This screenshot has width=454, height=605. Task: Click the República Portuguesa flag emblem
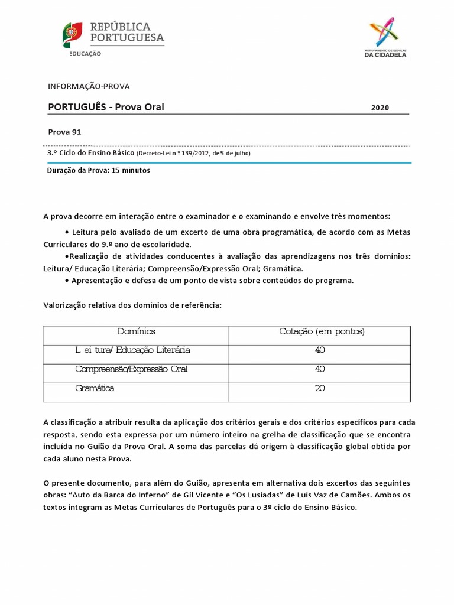point(73,35)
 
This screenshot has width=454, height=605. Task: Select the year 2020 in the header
point(380,108)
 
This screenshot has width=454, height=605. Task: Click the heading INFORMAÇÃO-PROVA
point(89,86)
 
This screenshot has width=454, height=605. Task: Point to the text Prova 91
point(64,132)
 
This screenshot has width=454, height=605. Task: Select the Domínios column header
point(136,331)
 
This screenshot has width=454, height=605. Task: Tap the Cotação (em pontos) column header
point(322,331)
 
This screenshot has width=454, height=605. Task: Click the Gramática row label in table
point(95,388)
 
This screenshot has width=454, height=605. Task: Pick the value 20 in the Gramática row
point(320,388)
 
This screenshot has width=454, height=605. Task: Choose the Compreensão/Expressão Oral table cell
point(131,369)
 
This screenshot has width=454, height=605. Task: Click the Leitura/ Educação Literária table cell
point(132,350)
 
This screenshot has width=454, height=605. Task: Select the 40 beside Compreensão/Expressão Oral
point(320,369)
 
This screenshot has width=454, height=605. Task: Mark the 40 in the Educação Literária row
point(320,350)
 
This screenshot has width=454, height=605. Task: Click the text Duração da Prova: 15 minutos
point(98,170)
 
